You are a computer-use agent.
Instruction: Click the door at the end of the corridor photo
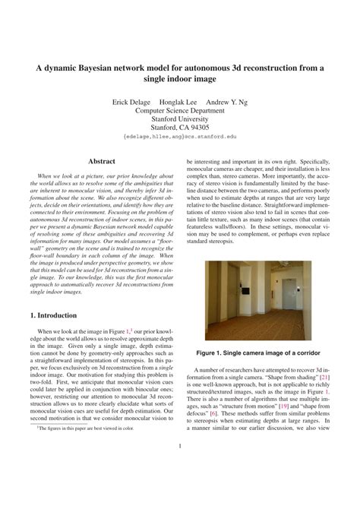pos(269,291)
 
